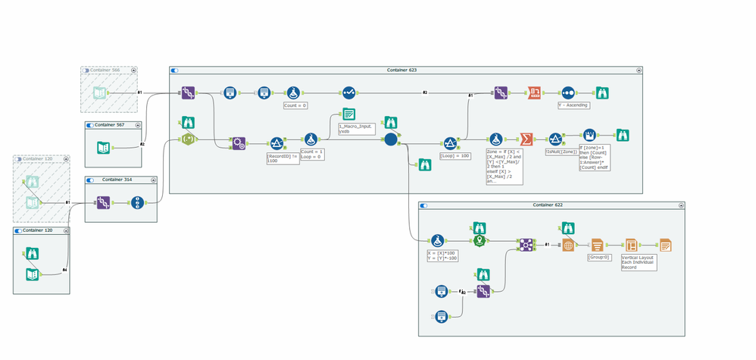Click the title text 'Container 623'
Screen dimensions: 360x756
pos(402,70)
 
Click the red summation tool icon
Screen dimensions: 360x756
pos(526,139)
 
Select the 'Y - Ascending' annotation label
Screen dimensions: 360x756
pos(573,106)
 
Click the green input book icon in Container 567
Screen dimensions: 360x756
pos(103,147)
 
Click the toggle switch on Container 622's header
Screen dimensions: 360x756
pos(424,205)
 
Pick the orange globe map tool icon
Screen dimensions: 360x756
pos(567,245)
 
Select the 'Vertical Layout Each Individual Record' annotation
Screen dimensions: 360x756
pos(637,262)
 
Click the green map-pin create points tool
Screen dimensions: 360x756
pos(479,241)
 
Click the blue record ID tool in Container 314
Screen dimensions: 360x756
pos(137,202)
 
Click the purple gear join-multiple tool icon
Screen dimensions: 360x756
pos(238,142)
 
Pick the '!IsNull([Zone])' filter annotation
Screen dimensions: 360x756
pos(561,152)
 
